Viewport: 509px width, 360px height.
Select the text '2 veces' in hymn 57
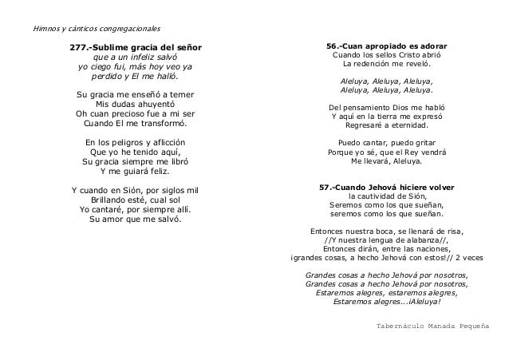tap(474, 257)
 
